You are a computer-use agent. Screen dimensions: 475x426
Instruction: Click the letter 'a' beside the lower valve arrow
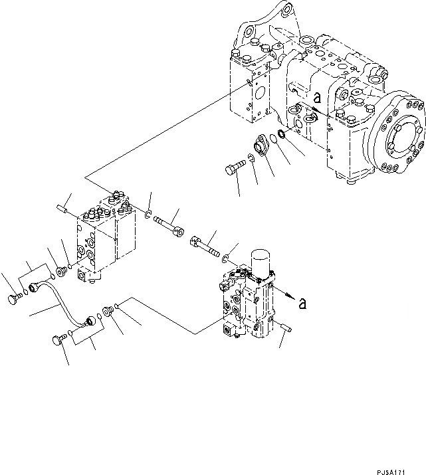303,304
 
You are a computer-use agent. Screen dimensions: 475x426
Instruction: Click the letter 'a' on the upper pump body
317,98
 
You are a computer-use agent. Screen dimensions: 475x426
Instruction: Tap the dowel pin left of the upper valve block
64,209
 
